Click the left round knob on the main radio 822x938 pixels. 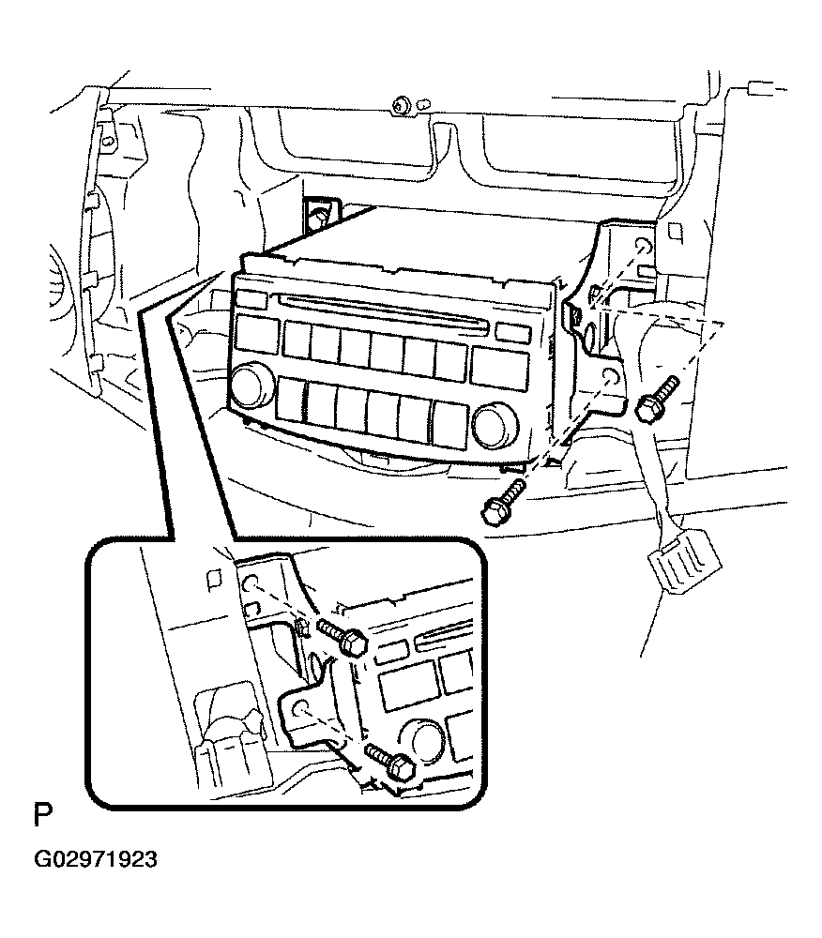point(250,384)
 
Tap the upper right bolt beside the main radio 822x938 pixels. point(656,399)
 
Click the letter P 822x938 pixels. point(44,815)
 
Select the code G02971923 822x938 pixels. point(96,859)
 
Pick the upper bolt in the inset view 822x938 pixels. point(343,637)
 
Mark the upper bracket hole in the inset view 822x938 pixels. point(251,582)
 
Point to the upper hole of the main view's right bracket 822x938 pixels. point(643,247)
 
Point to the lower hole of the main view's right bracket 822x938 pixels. point(610,377)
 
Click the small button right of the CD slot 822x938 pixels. point(513,333)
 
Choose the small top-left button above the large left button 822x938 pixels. point(251,298)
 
